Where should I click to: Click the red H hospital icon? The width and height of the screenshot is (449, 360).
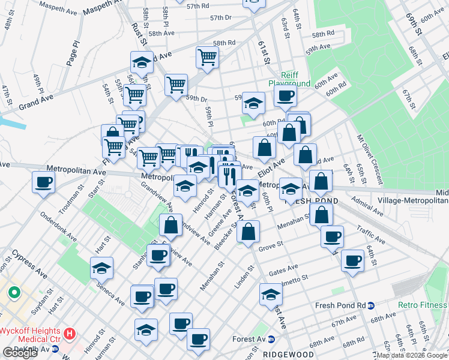pos(70,332)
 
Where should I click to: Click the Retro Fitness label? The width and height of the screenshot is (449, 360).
pos(422,305)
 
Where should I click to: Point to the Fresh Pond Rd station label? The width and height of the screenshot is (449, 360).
pos(340,305)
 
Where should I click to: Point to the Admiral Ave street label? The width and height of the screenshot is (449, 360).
pos(367,206)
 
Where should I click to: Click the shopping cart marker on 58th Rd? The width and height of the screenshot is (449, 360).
pos(207,58)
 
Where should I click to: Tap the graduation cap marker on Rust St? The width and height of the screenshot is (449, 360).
pos(142,62)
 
